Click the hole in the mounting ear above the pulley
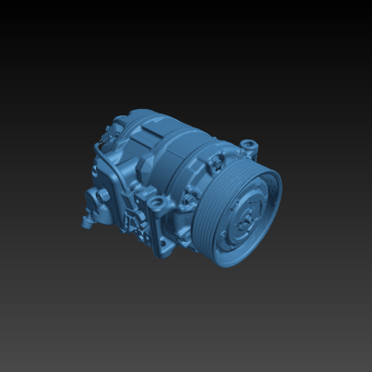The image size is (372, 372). pos(248,144)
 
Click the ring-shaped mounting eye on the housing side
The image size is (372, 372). pos(150,199)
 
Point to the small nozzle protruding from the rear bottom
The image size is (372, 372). pos(86,223)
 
